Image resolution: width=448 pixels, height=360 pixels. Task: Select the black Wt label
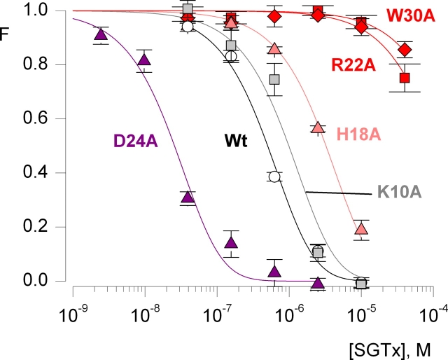[x=237, y=140]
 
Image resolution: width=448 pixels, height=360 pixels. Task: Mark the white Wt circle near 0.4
[x=274, y=176]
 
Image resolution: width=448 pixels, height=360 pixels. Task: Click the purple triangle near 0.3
[x=187, y=198]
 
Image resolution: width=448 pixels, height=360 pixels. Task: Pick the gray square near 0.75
[x=275, y=79]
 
